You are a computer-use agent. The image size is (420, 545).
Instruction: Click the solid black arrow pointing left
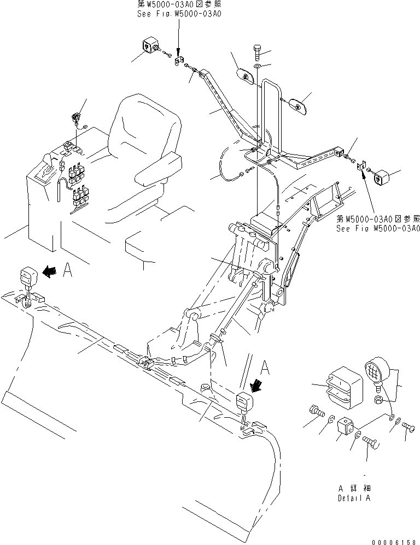click(x=50, y=272)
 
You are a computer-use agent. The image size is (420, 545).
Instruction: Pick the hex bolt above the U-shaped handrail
click(x=258, y=54)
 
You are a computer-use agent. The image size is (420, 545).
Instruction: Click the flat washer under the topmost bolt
click(x=257, y=67)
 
